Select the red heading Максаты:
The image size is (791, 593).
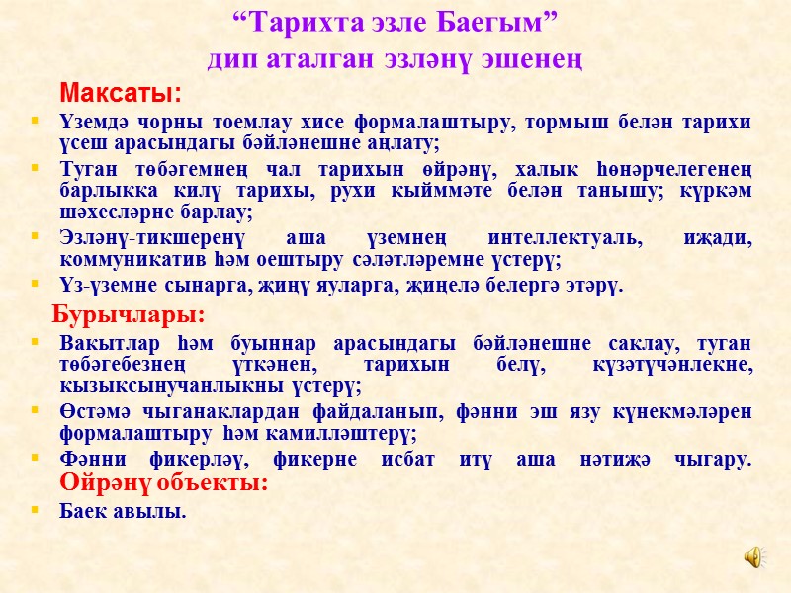[122, 94]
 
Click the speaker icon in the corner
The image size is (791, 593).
[753, 557]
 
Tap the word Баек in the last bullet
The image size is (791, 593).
[82, 511]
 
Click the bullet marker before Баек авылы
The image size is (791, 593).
[37, 511]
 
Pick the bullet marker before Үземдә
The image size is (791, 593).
[37, 122]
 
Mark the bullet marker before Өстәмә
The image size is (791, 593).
[37, 411]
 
